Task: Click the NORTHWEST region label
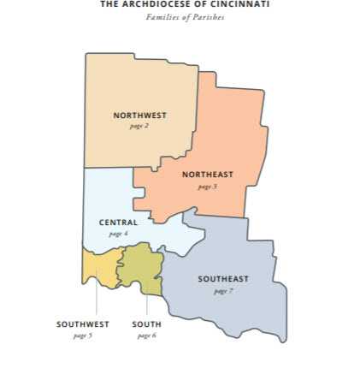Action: click(x=139, y=115)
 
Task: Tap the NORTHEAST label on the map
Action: click(x=207, y=175)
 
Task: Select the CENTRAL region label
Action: click(x=118, y=223)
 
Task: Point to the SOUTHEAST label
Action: click(x=223, y=279)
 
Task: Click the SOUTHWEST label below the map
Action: click(x=83, y=324)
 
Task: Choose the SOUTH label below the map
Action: click(x=146, y=324)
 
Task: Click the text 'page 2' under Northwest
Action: click(x=139, y=126)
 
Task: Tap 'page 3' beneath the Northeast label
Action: click(x=207, y=186)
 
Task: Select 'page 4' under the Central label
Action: click(x=118, y=233)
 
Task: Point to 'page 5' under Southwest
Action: click(x=83, y=335)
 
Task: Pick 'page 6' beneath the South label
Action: click(x=146, y=335)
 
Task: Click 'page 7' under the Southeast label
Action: click(x=223, y=290)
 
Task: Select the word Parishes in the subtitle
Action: click(x=208, y=16)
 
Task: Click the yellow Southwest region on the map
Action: click(x=99, y=267)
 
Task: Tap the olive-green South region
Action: click(x=138, y=267)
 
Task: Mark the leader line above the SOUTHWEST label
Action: click(x=96, y=301)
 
